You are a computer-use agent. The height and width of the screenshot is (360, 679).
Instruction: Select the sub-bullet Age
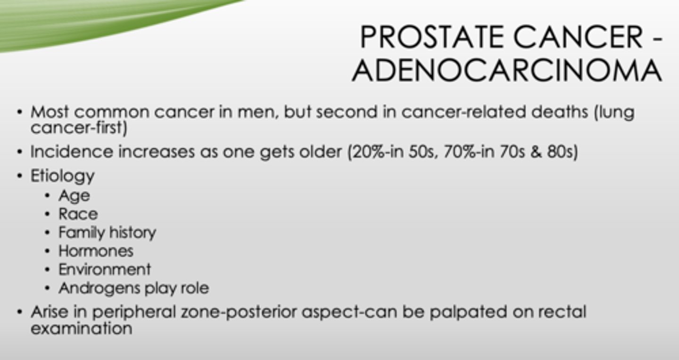74,195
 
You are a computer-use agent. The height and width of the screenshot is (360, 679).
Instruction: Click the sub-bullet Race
78,214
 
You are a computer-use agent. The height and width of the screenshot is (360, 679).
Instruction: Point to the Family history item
107,232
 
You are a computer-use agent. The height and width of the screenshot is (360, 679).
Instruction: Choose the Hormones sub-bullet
96,251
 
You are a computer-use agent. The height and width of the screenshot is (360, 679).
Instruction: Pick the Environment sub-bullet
105,269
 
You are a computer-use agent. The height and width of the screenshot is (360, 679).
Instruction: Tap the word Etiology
62,176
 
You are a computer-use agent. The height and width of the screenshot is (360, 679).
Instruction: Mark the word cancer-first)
79,128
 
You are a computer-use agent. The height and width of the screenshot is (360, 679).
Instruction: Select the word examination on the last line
81,328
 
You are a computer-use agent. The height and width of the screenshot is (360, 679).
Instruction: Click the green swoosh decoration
94,21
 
